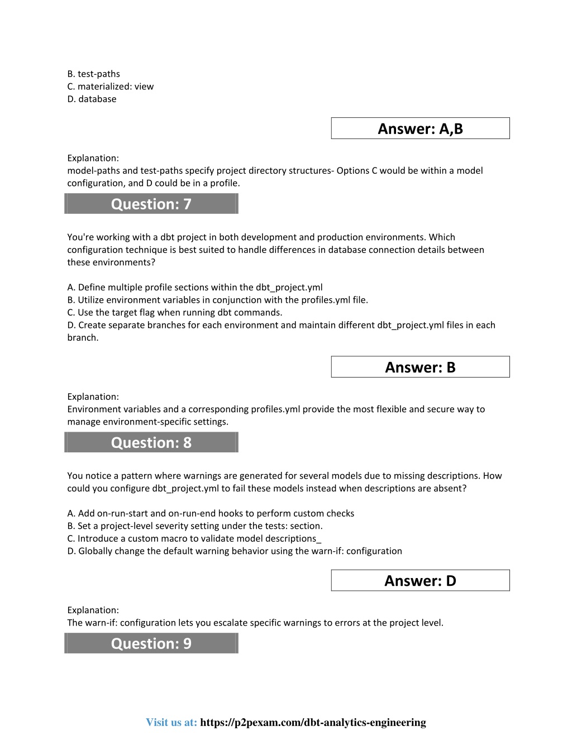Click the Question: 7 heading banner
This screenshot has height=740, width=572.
[151, 204]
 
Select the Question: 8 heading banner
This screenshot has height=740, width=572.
[151, 442]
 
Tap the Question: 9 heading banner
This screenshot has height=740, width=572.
[151, 643]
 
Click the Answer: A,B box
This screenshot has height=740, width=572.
[420, 128]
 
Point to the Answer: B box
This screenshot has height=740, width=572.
[420, 367]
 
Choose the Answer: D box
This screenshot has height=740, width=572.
[420, 581]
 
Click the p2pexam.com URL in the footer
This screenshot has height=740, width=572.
[313, 722]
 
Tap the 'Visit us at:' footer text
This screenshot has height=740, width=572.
[171, 722]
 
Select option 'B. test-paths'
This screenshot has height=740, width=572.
[94, 74]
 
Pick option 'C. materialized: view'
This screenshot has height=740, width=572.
[111, 87]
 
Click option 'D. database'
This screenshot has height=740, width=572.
[92, 99]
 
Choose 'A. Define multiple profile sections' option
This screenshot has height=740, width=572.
[195, 287]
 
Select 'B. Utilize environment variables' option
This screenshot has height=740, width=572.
[218, 300]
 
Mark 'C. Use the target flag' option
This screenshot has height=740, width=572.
[175, 312]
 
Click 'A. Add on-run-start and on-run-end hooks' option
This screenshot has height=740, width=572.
[211, 513]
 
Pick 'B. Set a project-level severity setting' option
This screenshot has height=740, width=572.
[195, 526]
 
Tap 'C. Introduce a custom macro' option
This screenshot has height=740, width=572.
[194, 538]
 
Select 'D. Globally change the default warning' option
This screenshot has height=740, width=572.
[235, 551]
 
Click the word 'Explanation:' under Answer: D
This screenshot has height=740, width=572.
[93, 610]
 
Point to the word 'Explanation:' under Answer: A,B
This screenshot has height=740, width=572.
[93, 158]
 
